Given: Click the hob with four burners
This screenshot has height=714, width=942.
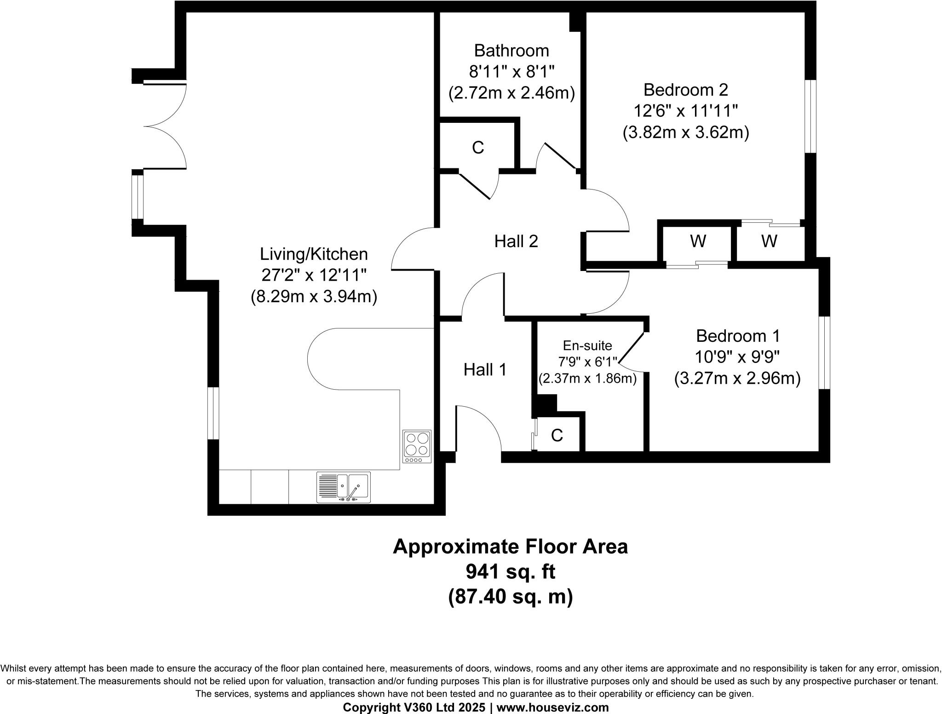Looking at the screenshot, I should coord(417,446).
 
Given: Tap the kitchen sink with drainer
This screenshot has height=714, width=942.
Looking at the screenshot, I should coord(343,487).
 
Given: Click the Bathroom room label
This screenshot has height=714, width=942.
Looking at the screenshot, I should coord(511,50).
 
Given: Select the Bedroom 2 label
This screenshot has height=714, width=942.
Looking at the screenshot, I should coord(685,89).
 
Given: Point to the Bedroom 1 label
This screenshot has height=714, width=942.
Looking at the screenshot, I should coord(738,336).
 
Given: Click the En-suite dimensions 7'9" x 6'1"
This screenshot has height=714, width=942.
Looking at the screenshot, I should coord(587,362).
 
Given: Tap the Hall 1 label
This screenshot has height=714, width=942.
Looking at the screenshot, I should coord(485,369).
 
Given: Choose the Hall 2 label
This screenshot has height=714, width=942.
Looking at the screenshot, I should coord(516,241).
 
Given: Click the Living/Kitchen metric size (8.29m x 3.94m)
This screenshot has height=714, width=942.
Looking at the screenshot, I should coord(314,297).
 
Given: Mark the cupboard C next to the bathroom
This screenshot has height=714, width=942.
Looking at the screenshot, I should coord(478,148).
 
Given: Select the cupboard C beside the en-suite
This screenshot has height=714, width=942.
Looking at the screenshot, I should coord(557,435).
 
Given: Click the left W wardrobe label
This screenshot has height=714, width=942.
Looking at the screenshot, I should coord(698,241).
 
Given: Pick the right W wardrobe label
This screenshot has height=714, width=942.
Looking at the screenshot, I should coord(769,241).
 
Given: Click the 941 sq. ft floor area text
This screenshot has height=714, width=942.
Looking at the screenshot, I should coord(510,572).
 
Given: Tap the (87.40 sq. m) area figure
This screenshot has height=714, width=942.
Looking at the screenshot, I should coord(510,597).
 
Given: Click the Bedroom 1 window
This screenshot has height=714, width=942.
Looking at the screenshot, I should coord(824,352).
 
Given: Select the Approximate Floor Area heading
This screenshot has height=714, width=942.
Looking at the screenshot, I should coord(510,547).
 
